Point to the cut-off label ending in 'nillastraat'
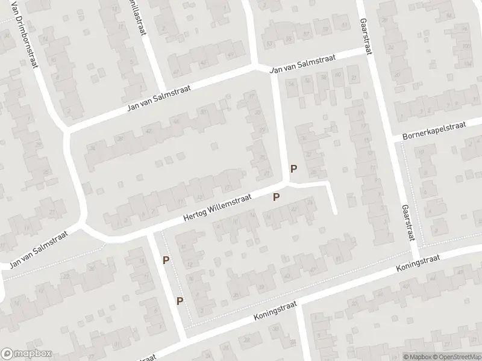tap(141, 17)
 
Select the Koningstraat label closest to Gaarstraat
tap(419, 264)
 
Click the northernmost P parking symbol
tap(294, 169)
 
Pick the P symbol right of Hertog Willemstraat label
tap(277, 197)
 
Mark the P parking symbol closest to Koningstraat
tap(180, 300)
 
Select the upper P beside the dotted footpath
tap(165, 260)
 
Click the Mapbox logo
tap(26, 354)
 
